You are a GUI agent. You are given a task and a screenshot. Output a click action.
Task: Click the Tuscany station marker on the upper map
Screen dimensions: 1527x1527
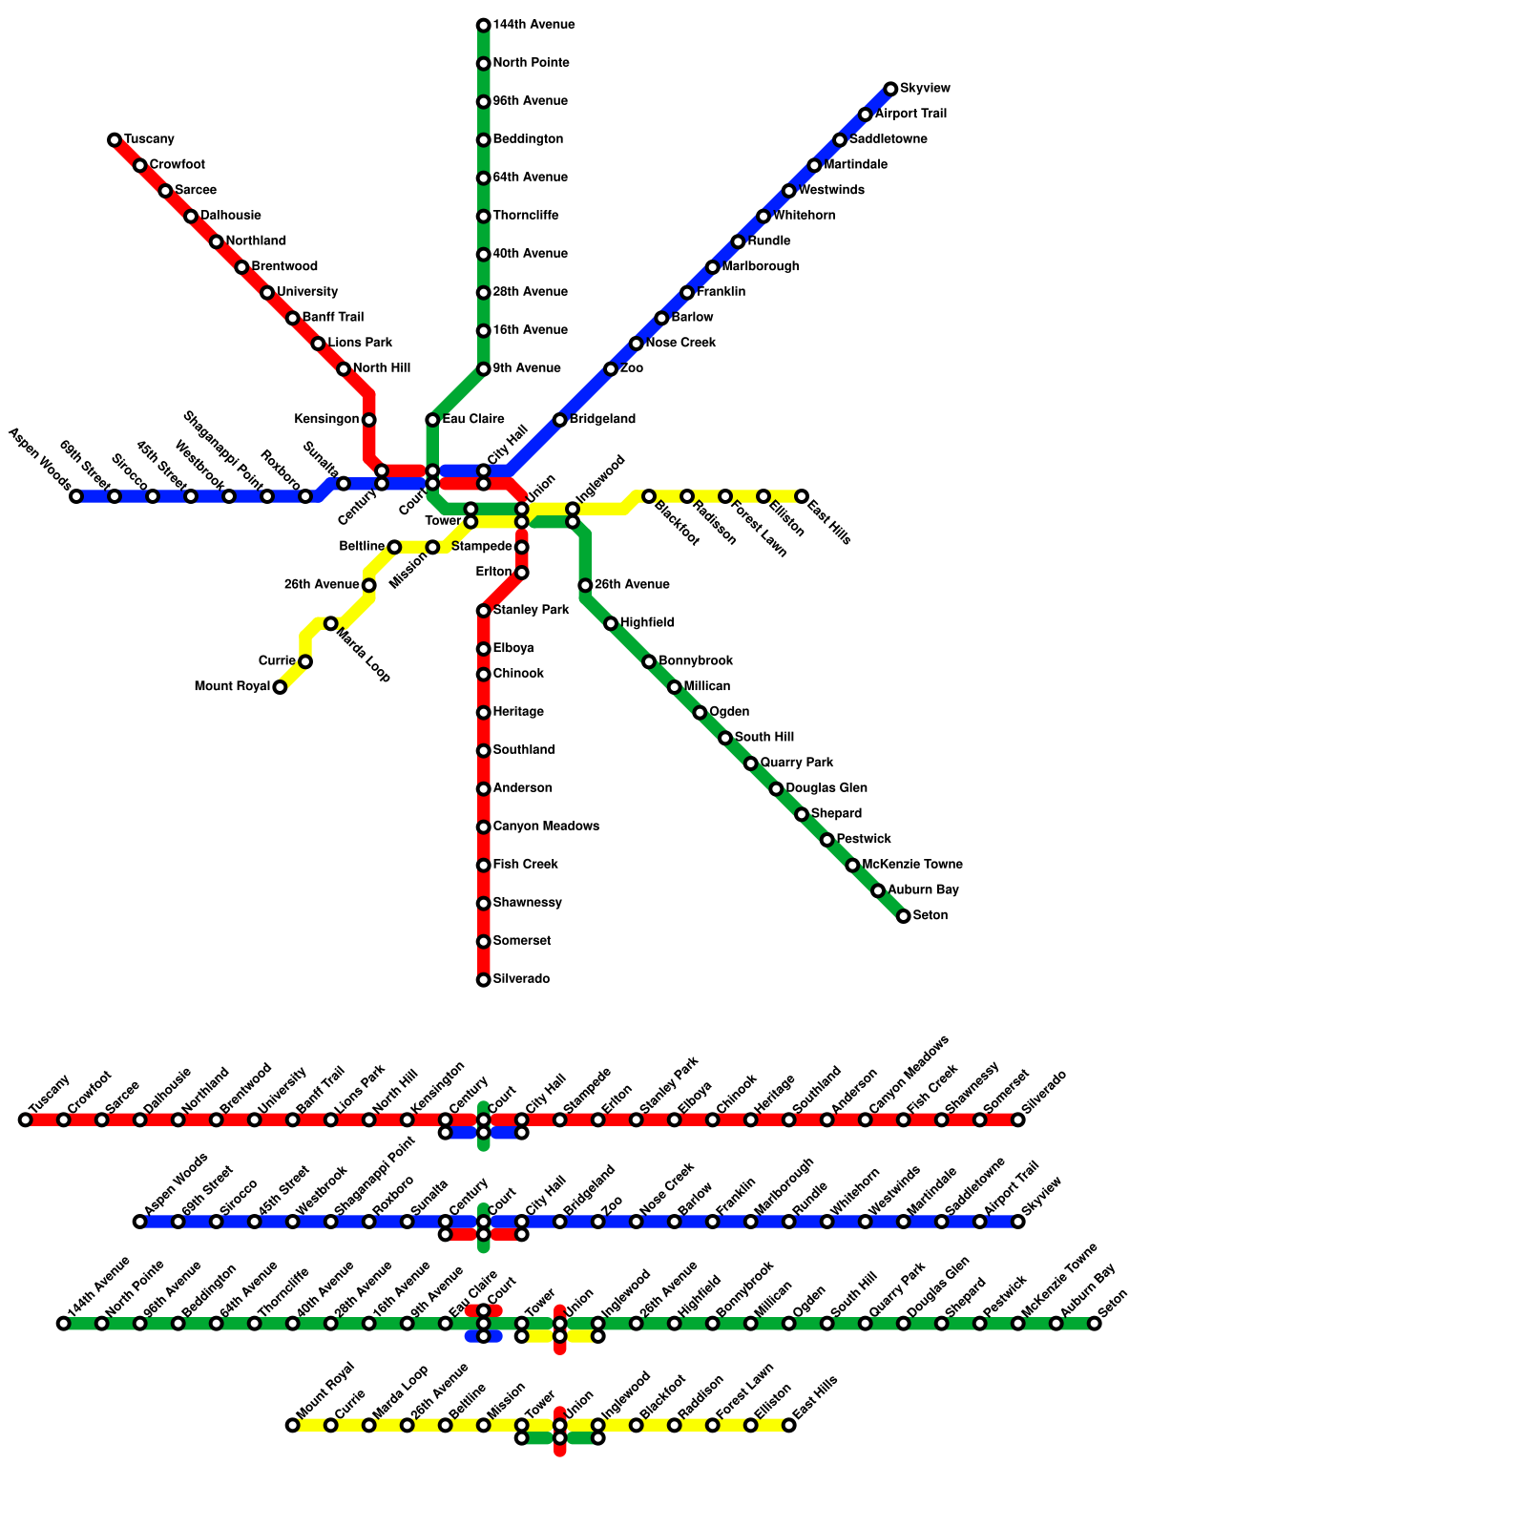[115, 140]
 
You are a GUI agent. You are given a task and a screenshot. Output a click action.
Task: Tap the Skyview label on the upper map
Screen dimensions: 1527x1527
[925, 89]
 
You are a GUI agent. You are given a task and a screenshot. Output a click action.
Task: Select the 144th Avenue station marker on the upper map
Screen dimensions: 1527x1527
[484, 26]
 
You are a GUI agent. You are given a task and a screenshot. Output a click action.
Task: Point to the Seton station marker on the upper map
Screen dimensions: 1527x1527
[904, 916]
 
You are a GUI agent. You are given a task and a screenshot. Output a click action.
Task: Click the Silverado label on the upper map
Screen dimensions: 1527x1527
[521, 979]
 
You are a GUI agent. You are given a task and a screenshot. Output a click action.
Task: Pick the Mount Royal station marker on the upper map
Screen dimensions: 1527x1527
[280, 687]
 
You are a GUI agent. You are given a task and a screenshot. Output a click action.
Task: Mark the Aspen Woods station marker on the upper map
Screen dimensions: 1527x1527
[76, 496]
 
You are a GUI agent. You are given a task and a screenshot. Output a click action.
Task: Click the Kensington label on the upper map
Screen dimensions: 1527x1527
[326, 420]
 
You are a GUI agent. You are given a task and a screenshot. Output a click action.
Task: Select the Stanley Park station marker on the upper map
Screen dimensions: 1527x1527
[484, 611]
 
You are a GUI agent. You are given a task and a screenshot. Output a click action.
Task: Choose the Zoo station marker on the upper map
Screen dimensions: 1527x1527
[611, 369]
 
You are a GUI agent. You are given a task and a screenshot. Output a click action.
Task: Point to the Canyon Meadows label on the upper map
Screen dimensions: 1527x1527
[546, 826]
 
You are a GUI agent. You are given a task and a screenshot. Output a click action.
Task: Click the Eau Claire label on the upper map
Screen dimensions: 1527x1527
[473, 420]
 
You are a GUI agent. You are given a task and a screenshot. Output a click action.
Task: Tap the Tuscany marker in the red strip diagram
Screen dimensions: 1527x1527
[26, 1119]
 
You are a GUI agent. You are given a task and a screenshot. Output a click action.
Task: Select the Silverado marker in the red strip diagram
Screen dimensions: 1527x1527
[1018, 1119]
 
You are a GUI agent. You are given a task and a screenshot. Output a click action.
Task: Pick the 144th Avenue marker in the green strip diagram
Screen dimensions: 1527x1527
[64, 1324]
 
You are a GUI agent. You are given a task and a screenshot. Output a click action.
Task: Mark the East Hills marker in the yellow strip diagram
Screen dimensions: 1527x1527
[789, 1425]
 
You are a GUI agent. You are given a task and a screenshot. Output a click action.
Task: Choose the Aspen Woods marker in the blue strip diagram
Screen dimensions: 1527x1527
[140, 1222]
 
